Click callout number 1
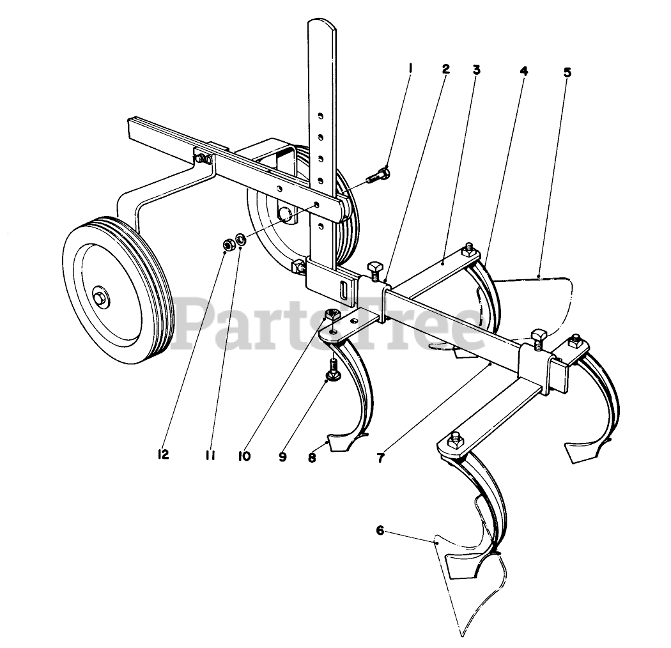click(410, 68)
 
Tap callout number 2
click(445, 69)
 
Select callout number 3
click(476, 69)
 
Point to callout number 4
click(523, 71)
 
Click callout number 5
click(567, 72)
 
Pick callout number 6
click(380, 530)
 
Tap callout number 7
click(381, 458)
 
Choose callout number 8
click(312, 458)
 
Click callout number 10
click(244, 456)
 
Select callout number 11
click(210, 455)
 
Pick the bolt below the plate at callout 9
click(333, 369)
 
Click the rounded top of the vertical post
click(321, 26)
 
